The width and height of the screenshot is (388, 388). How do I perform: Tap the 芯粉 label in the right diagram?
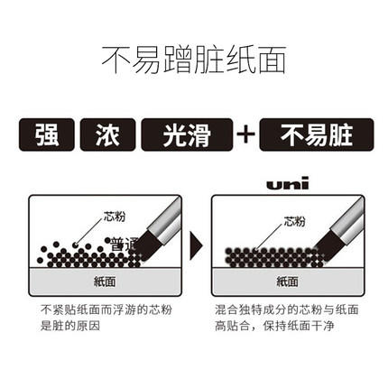point(294,219)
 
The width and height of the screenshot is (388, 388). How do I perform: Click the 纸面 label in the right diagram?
point(284,281)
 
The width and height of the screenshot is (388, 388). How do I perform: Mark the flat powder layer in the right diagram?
point(271,256)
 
